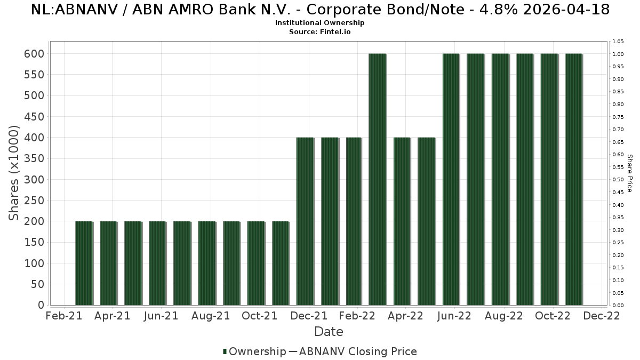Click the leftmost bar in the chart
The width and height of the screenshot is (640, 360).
click(84, 263)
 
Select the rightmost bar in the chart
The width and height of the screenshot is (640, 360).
click(573, 179)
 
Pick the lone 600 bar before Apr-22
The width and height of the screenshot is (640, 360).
click(377, 179)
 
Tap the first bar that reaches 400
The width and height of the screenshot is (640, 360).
click(305, 221)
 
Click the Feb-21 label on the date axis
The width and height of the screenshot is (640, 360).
click(65, 316)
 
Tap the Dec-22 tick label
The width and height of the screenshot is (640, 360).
click(602, 316)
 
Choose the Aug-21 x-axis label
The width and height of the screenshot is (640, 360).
click(211, 316)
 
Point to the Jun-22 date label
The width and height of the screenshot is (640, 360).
click(454, 316)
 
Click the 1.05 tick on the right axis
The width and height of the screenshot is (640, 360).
click(618, 42)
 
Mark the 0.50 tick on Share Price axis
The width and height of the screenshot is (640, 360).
click(618, 180)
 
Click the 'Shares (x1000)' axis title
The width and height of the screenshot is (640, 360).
click(14, 173)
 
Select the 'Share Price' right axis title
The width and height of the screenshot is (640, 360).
click(629, 173)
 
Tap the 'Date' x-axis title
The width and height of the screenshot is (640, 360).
click(329, 332)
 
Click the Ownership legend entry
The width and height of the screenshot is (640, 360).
click(254, 351)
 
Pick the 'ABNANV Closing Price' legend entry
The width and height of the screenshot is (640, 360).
click(357, 351)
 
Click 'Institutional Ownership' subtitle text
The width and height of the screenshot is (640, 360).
click(320, 23)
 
